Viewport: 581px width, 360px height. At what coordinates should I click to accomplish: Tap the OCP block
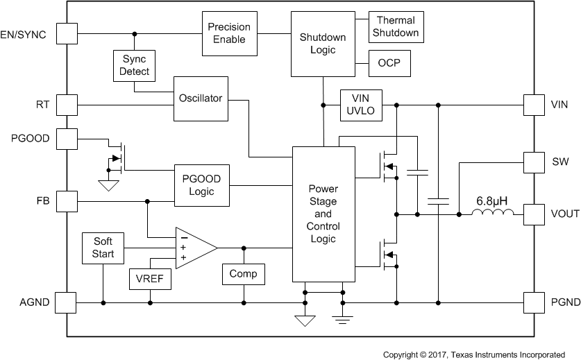[389, 65]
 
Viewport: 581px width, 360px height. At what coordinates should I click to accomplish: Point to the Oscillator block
[200, 98]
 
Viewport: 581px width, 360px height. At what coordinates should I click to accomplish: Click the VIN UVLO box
[360, 105]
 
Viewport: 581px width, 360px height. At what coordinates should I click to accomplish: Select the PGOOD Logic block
[201, 185]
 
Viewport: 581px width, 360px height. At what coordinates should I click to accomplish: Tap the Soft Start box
[103, 248]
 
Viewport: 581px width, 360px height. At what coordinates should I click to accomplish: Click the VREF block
[150, 279]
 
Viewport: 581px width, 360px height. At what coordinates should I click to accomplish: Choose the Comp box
[243, 274]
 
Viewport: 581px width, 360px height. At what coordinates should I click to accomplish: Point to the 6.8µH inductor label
[491, 201]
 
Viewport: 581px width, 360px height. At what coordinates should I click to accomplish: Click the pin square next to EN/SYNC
[66, 34]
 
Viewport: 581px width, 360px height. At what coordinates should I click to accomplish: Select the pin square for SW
[534, 162]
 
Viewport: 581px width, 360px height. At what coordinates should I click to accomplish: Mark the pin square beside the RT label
[66, 105]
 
